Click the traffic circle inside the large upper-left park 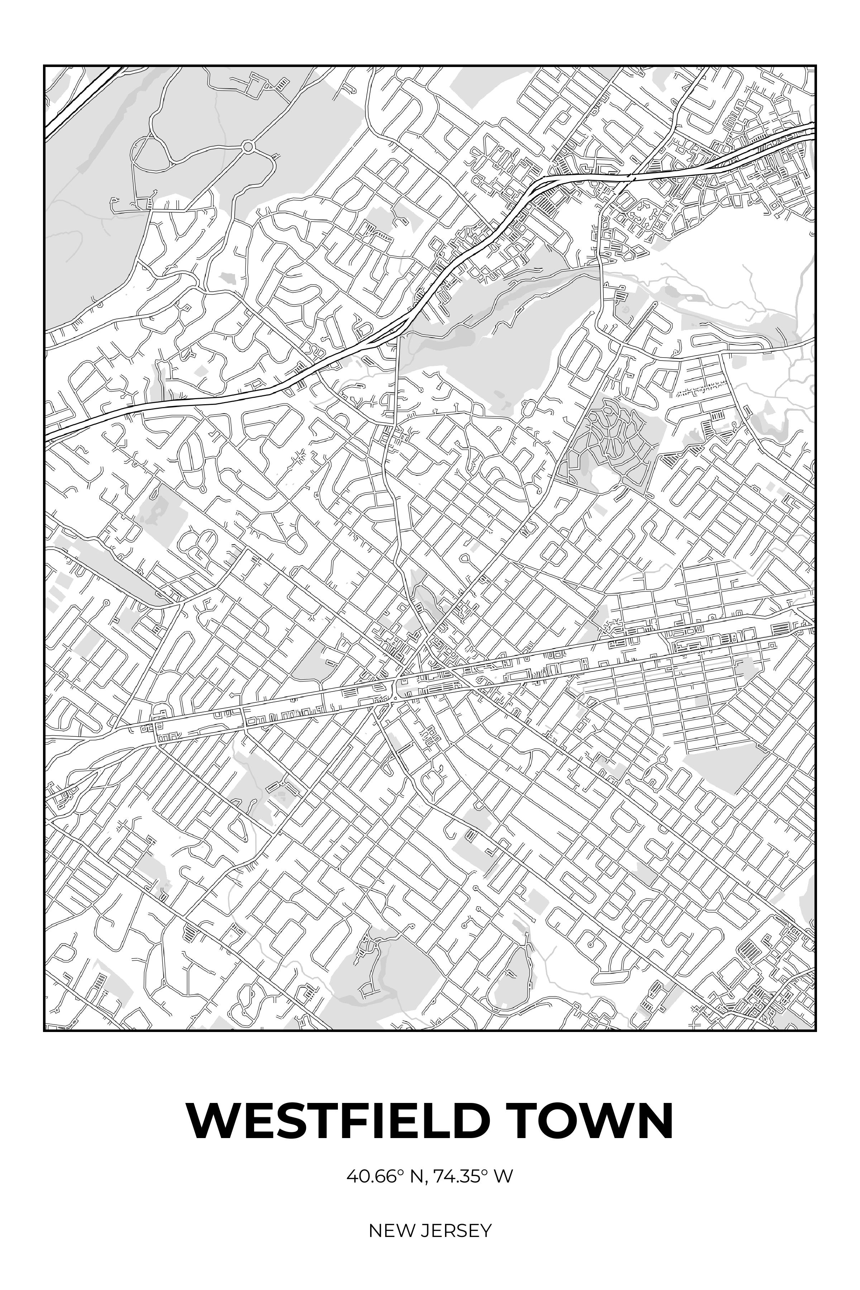click(248, 147)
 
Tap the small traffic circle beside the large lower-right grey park click(662, 760)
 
